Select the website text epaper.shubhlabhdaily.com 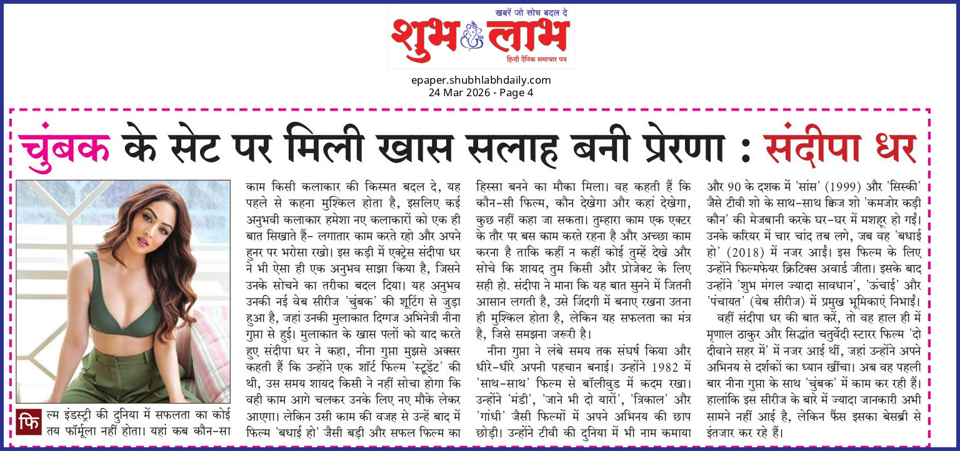(x=481, y=80)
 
